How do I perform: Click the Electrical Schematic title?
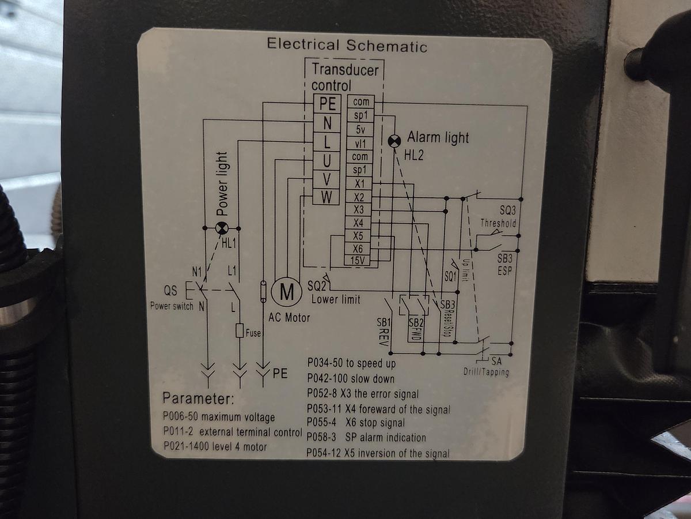coord(347,45)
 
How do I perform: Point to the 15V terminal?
coord(360,261)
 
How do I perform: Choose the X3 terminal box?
coord(359,210)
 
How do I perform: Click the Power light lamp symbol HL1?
coord(221,228)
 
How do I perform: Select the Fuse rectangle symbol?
coord(240,331)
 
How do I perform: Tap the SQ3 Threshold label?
coord(499,217)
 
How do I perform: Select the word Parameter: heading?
coord(198,398)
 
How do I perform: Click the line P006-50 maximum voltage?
coord(219,417)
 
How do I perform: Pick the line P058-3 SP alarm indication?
coord(367,437)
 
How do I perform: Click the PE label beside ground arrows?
coord(280,373)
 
